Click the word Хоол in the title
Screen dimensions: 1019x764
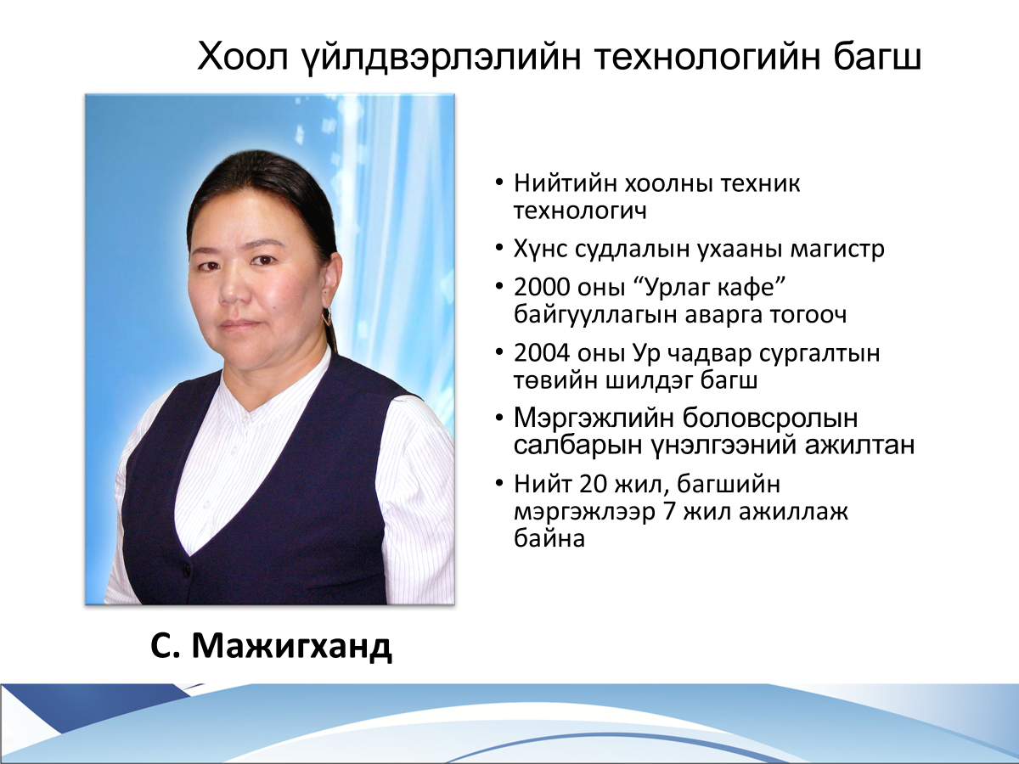(243, 56)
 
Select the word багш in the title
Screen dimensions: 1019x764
(876, 56)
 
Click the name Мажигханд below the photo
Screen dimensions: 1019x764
(291, 646)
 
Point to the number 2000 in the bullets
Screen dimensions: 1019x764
(541, 288)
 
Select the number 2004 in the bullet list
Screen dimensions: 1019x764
(542, 353)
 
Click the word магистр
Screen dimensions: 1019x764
(837, 249)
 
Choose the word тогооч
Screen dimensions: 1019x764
(808, 315)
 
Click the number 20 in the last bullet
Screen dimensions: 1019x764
(594, 484)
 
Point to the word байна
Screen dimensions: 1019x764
(549, 539)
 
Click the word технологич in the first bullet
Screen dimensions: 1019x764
(580, 211)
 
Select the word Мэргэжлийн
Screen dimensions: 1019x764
(594, 419)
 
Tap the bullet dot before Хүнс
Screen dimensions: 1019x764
(499, 247)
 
